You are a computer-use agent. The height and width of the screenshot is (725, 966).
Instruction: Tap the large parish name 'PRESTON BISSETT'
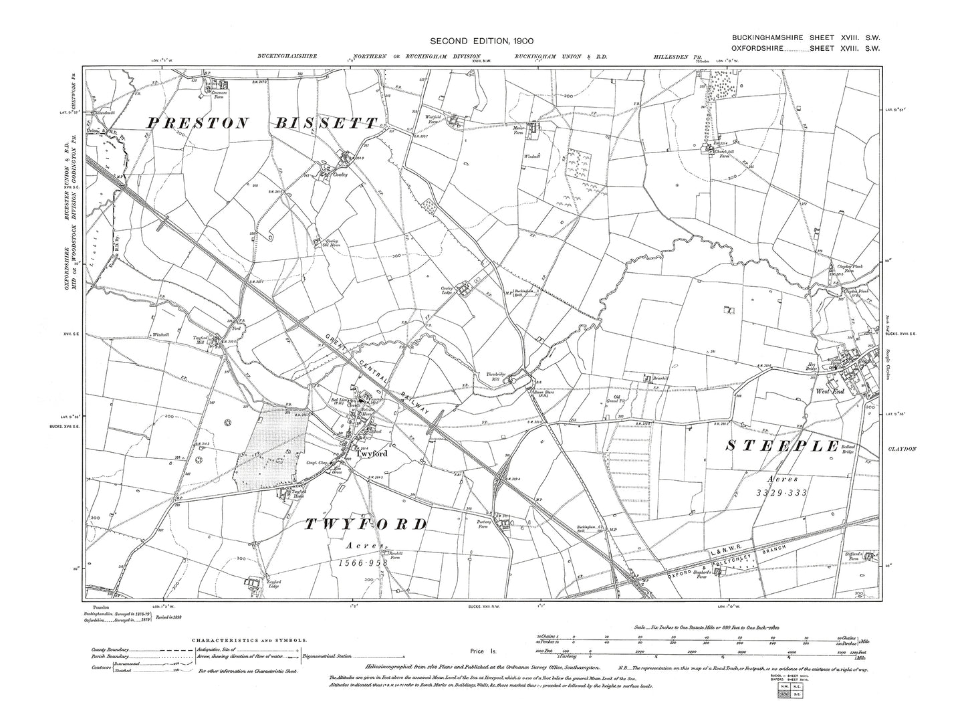(x=262, y=123)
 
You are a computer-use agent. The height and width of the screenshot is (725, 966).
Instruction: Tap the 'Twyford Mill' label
(x=201, y=340)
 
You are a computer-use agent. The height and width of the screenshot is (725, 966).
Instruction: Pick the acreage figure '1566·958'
(x=364, y=563)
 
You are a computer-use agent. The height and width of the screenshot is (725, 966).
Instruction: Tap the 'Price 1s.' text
(x=481, y=650)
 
